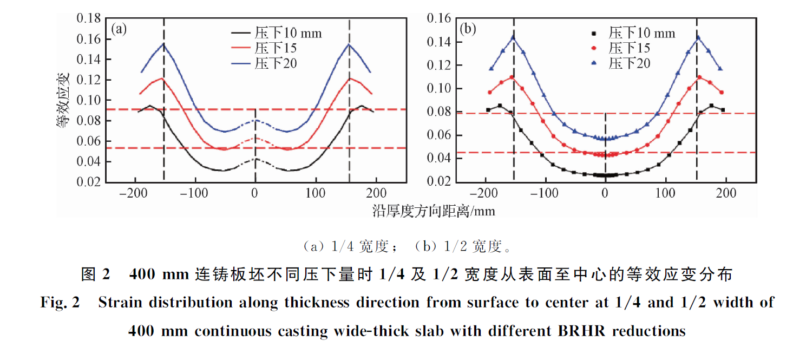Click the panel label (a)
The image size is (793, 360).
click(119, 29)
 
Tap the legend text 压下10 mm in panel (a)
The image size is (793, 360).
click(288, 34)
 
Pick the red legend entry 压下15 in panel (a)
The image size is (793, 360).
click(276, 49)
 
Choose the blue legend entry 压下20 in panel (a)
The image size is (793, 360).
click(276, 63)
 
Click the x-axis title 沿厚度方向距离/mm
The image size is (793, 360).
click(433, 211)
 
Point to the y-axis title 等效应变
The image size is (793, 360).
click(63, 103)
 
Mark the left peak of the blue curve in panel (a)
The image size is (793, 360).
click(163, 43)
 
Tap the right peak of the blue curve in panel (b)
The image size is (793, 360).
click(697, 37)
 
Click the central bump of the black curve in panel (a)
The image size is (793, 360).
click(255, 159)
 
